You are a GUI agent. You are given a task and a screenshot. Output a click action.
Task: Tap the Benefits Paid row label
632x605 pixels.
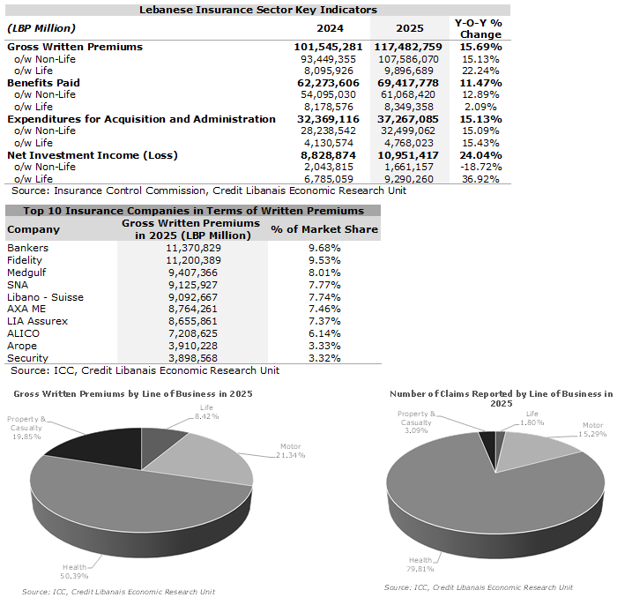tap(44, 82)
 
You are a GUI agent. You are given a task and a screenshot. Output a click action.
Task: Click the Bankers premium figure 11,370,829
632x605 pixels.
tap(192, 249)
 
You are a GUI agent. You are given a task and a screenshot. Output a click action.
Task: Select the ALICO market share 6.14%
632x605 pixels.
tap(323, 335)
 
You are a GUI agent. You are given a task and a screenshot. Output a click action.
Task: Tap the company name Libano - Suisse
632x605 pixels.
tap(45, 298)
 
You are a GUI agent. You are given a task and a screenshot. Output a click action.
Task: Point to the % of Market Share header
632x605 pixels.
tap(323, 229)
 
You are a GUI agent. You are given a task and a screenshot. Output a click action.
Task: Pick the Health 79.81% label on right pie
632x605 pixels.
tap(421, 564)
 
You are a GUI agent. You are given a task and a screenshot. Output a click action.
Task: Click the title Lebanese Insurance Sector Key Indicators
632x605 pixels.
tap(258, 10)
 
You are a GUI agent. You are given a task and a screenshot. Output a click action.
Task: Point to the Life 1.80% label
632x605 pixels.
tap(532, 417)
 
